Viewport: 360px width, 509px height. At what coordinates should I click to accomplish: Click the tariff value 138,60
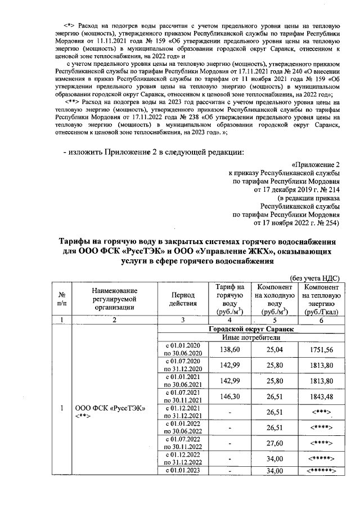pyautogui.click(x=229, y=349)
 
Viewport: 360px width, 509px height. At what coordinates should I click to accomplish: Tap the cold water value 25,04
pyautogui.click(x=276, y=349)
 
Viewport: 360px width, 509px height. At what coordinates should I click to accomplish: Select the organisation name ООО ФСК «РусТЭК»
pyautogui.click(x=106, y=407)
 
